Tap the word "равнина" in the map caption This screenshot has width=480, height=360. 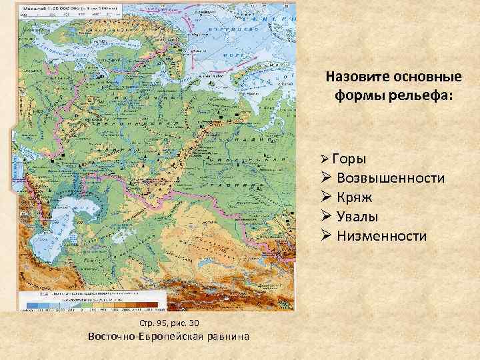227,337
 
